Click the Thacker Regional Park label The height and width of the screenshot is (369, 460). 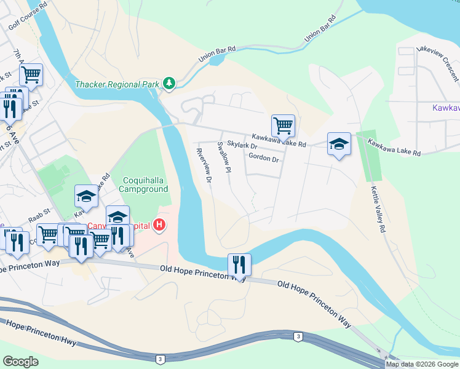click(117, 84)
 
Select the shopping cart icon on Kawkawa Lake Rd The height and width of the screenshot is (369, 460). click(283, 125)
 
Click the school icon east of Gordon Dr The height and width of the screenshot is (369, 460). click(339, 144)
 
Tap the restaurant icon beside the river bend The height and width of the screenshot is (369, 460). click(239, 265)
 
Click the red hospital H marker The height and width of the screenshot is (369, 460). click(159, 225)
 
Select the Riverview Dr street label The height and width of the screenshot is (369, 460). click(204, 166)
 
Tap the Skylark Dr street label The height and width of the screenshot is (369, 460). click(240, 145)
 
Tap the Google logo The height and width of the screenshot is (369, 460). click(20, 361)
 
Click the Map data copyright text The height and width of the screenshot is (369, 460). click(422, 364)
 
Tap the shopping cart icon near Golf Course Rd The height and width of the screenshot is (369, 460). click(31, 75)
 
